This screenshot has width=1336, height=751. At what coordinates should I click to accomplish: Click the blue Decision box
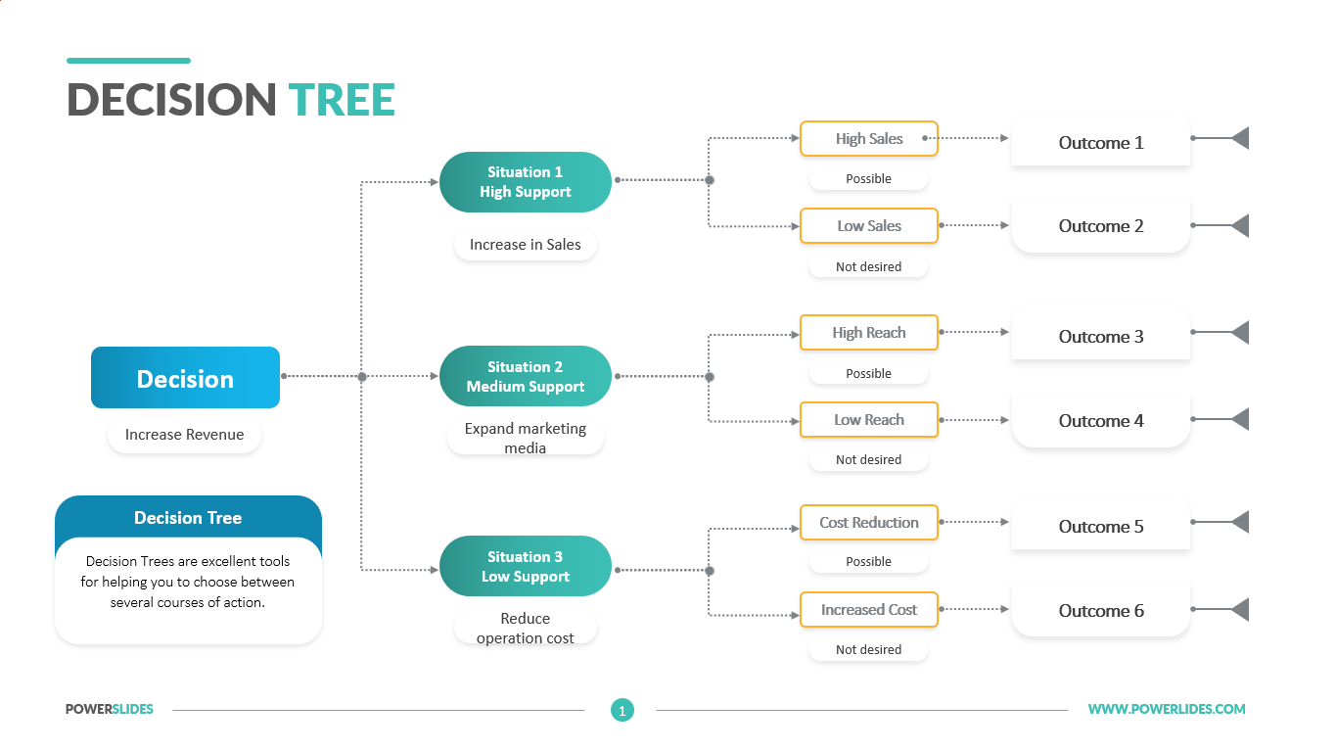185,378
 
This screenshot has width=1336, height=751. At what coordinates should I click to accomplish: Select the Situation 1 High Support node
525,182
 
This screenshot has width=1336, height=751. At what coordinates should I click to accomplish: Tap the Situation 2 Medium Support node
525,376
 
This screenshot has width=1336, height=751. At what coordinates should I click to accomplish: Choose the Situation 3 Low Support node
525,566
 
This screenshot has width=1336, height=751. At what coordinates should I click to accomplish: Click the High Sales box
868,139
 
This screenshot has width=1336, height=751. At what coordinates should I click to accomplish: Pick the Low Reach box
868,420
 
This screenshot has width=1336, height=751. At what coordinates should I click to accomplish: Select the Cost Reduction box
868,523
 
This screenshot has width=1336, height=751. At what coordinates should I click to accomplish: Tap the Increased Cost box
868,610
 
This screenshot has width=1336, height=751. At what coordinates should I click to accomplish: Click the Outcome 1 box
1101,141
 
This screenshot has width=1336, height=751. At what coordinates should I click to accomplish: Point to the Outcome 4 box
1101,421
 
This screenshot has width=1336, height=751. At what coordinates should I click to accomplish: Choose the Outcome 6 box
1101,610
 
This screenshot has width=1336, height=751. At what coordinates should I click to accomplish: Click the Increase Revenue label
184,435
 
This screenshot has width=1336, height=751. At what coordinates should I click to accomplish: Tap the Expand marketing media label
525,438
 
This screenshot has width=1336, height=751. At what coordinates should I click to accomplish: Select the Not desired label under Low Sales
868,266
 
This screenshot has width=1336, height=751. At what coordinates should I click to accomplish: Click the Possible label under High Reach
868,373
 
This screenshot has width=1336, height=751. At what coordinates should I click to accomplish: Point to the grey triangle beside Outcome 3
1241,332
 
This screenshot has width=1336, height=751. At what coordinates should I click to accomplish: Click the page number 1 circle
622,710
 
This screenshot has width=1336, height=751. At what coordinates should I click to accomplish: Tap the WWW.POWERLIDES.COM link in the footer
1167,709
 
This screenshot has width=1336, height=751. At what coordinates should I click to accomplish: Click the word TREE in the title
342,100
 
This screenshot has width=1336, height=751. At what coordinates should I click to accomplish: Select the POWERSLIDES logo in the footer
110,709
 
